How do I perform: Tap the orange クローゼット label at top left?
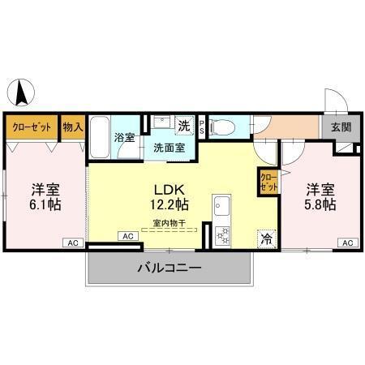(32, 127)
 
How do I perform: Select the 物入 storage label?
(73, 127)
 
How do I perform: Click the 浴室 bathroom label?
(124, 138)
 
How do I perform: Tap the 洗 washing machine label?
(184, 126)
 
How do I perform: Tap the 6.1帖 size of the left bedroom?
(46, 204)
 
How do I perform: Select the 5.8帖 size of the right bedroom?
(320, 204)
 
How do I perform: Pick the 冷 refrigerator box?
(265, 239)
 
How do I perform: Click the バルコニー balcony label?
(169, 267)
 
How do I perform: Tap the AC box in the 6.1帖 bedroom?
(72, 242)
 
